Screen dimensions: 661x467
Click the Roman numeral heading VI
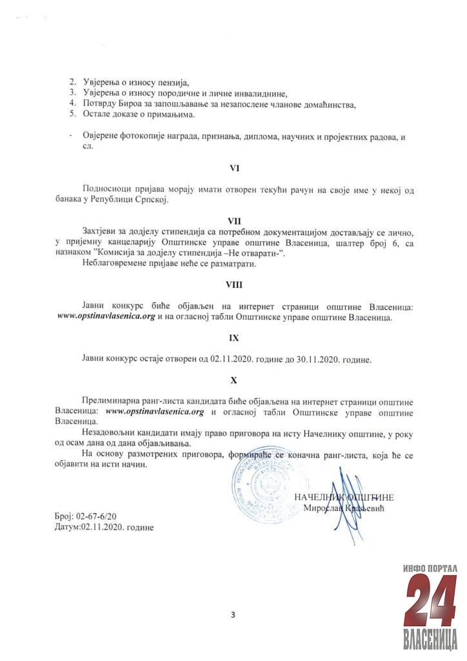pos(235,168)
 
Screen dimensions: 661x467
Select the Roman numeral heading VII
pos(235,221)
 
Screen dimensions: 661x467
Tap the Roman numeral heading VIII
pos(235,284)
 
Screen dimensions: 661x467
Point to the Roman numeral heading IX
pos(235,337)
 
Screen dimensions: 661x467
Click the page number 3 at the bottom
pos(233,614)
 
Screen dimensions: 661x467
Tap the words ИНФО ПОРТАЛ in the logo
pos(429,567)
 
